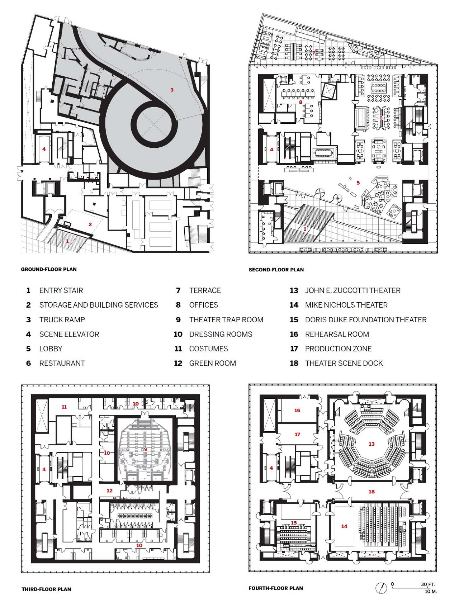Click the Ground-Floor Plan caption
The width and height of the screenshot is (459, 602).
coord(49,269)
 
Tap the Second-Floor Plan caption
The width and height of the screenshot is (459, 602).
coord(276,270)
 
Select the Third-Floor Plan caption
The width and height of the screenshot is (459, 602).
coord(46,589)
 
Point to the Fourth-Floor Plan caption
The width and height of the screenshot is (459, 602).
coord(276,588)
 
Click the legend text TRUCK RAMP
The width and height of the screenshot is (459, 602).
coord(62,319)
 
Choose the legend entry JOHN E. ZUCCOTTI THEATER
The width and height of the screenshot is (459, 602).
coord(352,290)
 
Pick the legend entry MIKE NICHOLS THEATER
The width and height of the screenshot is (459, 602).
coord(346,305)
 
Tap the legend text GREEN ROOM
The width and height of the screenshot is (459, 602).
coord(212,363)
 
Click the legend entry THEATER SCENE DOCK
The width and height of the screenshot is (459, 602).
coord(344,363)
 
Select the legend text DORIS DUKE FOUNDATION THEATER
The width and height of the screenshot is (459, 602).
coord(366,319)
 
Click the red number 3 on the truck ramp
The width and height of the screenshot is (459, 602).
coord(172,90)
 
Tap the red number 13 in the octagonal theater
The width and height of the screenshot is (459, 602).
coord(372,444)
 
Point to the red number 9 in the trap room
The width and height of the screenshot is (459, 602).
coord(146,449)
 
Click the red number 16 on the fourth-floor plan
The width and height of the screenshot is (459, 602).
coord(297,410)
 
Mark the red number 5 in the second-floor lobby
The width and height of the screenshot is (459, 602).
coord(358,183)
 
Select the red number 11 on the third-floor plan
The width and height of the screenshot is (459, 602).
coord(64,407)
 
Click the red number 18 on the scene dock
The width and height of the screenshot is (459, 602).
coord(372,492)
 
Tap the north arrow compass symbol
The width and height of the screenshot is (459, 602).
coord(381,588)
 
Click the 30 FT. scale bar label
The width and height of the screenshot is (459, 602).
coord(427,584)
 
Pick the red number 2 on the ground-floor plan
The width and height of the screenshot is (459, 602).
coord(90,224)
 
